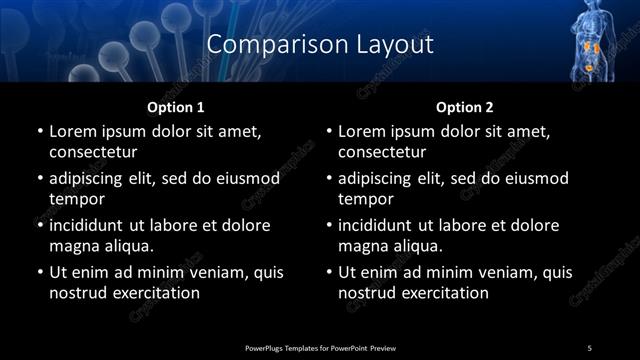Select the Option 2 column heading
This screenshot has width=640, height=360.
[464, 106]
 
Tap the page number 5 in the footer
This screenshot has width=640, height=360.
[589, 347]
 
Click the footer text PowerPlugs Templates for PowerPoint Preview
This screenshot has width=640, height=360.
[320, 347]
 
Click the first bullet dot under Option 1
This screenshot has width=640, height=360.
[39, 131]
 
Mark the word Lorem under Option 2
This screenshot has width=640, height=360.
[362, 131]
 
